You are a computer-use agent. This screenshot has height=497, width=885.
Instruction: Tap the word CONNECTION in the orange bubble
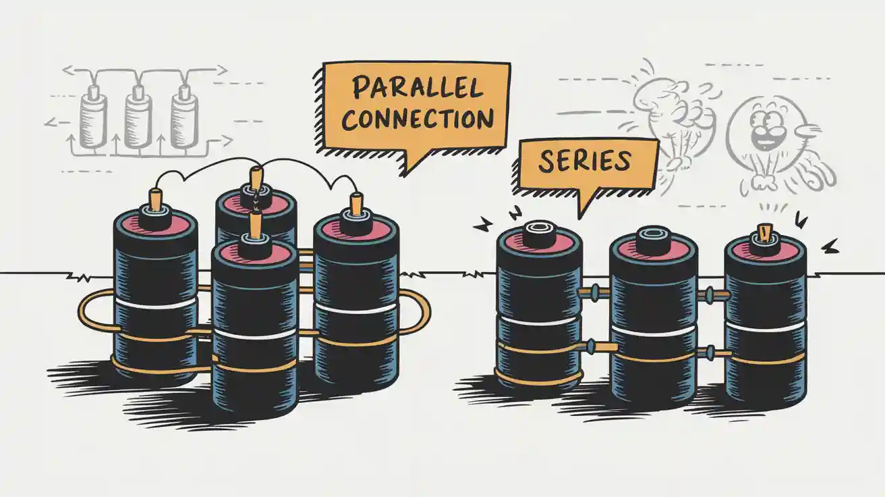click(418, 118)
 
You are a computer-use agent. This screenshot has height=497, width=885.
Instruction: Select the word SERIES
click(585, 161)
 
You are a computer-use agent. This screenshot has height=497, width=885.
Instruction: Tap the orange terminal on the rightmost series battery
click(766, 232)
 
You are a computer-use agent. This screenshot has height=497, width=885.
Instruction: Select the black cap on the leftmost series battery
click(539, 232)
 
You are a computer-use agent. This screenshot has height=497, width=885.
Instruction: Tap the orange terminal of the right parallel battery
click(356, 204)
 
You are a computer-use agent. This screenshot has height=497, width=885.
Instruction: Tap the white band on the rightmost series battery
click(765, 328)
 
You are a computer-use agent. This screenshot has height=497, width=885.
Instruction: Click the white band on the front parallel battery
click(254, 334)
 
